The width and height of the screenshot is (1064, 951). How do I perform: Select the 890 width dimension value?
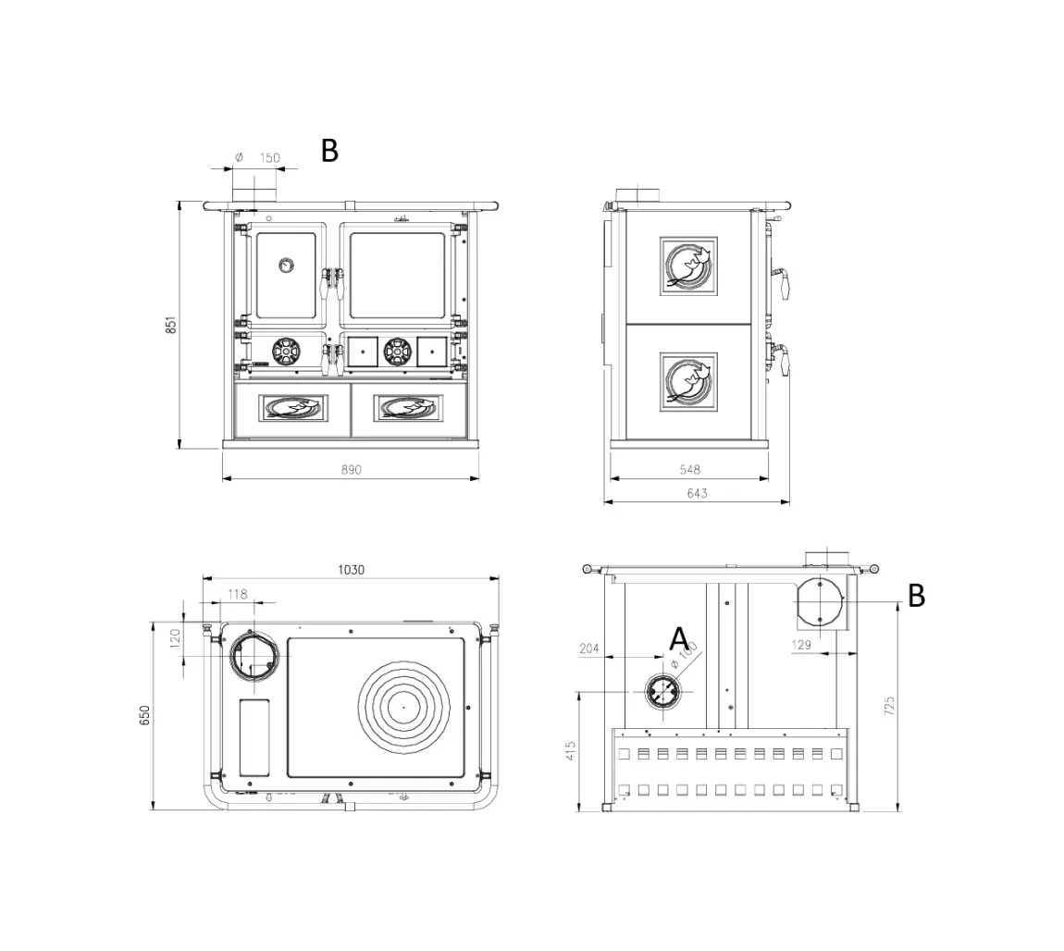351,470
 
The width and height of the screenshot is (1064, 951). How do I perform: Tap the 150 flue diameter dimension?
268,158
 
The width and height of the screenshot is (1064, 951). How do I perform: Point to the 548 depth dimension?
689,470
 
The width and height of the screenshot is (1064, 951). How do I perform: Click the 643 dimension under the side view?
697,494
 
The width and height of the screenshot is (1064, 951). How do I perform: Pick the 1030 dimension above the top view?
351,570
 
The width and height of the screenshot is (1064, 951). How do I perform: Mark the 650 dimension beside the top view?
144,715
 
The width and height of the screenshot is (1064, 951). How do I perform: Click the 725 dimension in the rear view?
889,706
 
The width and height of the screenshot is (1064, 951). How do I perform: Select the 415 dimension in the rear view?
570,750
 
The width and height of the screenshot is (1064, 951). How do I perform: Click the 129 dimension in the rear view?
801,645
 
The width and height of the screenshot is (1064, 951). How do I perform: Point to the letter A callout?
679,638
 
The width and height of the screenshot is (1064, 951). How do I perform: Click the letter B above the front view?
329,151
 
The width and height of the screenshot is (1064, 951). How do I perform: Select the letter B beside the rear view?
916,597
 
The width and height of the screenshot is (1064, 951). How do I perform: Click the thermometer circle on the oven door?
285,265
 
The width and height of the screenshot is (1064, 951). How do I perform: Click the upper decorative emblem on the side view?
689,266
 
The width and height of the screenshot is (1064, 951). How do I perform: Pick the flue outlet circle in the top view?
254,655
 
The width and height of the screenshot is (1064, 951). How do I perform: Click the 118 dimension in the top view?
238,594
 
